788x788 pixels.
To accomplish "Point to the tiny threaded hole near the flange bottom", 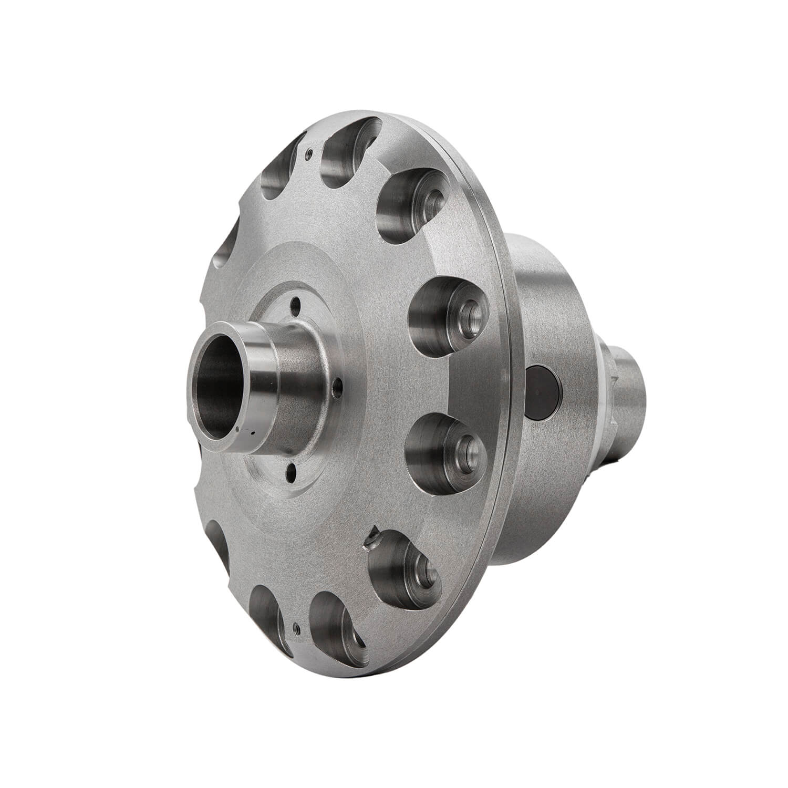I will (x=296, y=626).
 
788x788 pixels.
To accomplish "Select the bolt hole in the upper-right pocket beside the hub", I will (x=467, y=316).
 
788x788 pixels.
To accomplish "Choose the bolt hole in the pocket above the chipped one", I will (x=465, y=448).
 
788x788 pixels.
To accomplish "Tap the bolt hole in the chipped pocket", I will (x=427, y=572).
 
